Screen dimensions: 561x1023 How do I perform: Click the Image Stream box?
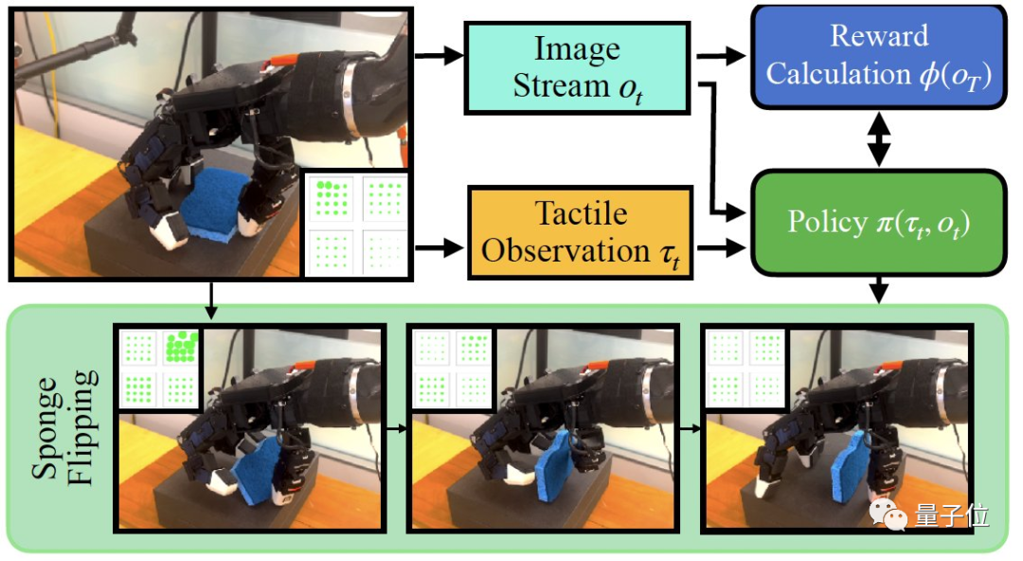pos(578,66)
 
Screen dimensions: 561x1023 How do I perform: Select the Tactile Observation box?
pos(581,232)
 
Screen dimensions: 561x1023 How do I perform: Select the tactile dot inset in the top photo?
pos(356,225)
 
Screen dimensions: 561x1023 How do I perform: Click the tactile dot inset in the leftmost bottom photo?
pos(157,370)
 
